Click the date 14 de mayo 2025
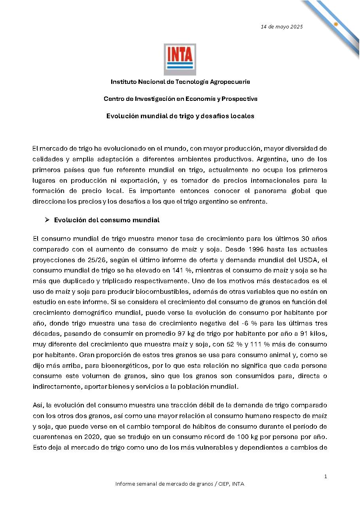(281, 27)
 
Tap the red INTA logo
(180, 59)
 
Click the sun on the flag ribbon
(336, 24)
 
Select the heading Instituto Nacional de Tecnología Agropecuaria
(180, 82)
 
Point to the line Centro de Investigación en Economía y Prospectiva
(180, 99)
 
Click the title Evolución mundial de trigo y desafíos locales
(180, 116)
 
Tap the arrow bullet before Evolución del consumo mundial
(47, 220)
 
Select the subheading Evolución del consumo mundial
(107, 220)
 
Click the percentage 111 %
(279, 344)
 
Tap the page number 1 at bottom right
(326, 477)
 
